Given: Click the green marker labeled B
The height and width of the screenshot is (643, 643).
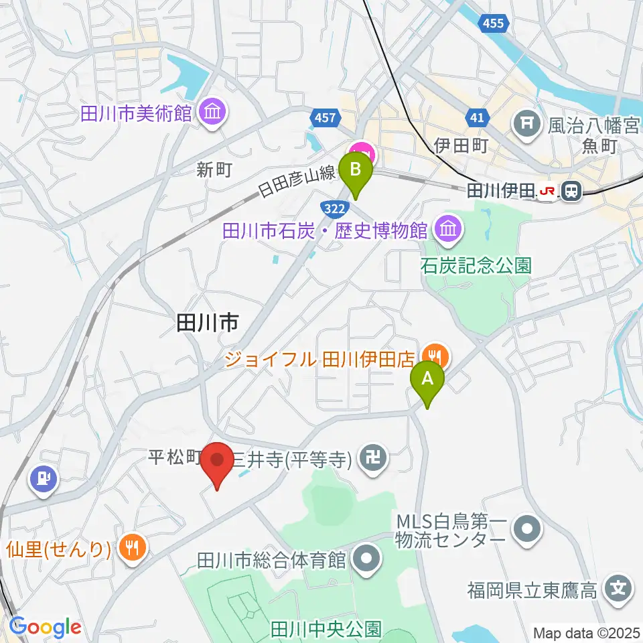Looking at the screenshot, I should (356, 173).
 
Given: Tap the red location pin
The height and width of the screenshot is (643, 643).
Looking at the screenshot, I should (218, 462).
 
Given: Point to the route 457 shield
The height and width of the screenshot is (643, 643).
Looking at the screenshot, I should (324, 119).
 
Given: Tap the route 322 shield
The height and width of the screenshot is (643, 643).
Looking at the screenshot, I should (333, 208).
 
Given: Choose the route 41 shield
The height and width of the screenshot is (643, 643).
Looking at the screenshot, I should (476, 119).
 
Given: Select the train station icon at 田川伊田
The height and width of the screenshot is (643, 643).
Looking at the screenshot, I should (571, 192).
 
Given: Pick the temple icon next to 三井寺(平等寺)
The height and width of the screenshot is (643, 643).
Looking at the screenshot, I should (369, 459).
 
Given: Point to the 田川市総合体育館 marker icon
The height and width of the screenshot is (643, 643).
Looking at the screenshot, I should (366, 558).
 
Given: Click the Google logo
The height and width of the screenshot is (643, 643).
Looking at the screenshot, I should (45, 628).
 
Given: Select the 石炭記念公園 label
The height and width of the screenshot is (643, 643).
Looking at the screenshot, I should (476, 265).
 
